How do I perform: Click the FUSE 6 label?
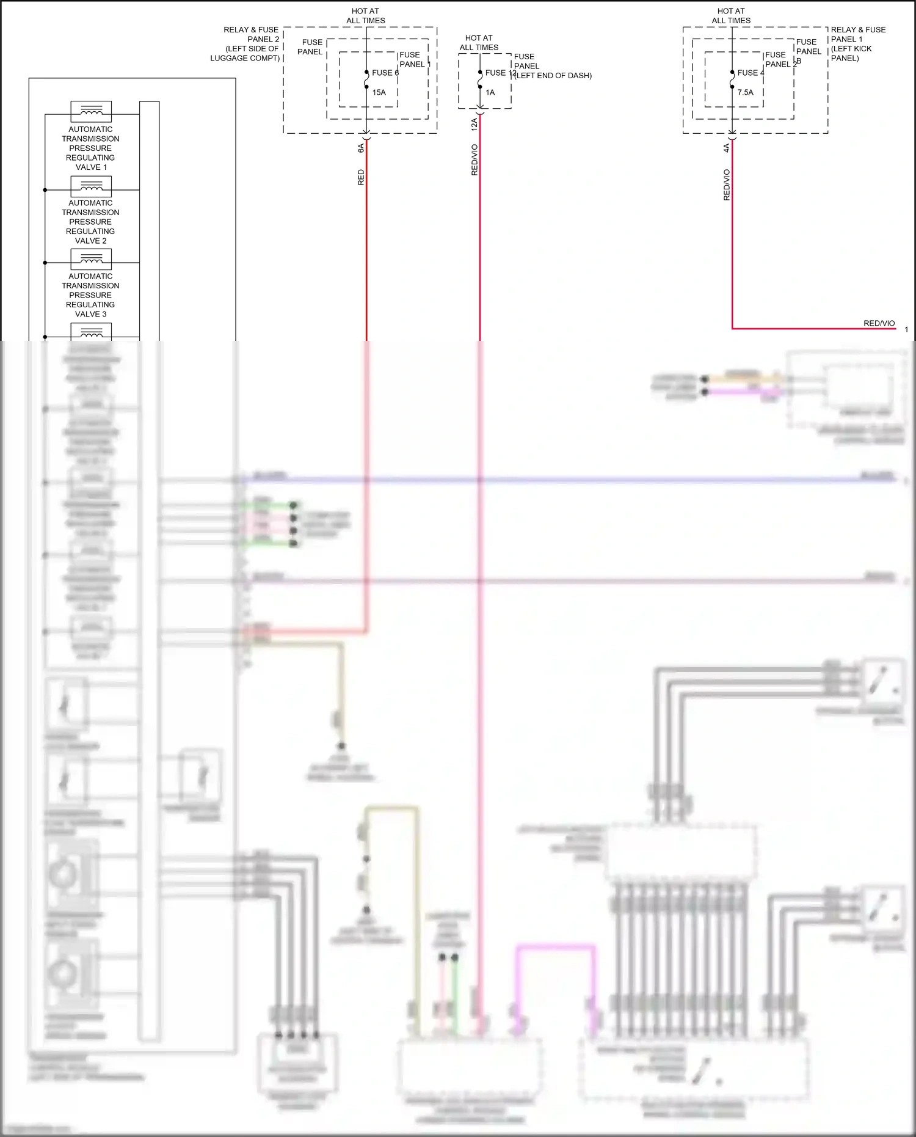point(385,73)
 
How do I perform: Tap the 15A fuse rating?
point(379,92)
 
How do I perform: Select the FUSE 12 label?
point(500,73)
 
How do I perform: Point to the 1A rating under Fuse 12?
point(490,92)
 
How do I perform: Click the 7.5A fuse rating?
point(746,92)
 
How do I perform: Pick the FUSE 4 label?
point(751,73)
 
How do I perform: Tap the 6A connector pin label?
point(361,148)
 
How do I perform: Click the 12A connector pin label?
point(474,125)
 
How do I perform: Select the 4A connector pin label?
point(727,148)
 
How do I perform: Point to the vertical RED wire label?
point(361,177)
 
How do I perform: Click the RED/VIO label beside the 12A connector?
point(474,160)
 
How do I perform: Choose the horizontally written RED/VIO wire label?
point(879,323)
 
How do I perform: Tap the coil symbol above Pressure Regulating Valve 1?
point(91,111)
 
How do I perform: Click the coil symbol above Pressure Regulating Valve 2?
point(91,186)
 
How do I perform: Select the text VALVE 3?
point(90,314)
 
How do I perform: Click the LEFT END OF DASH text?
point(553,76)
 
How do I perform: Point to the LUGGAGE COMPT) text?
point(245,58)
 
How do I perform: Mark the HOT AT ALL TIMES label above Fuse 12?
point(479,43)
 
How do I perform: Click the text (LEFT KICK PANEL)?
point(851,53)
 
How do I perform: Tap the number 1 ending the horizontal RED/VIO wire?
point(906,329)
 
